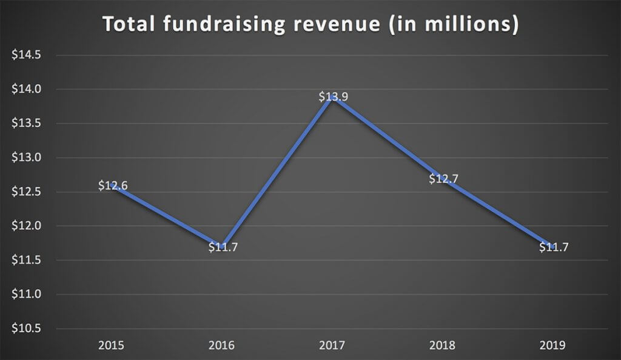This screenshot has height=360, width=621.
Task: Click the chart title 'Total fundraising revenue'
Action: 310,24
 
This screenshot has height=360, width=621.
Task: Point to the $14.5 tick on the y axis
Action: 26,55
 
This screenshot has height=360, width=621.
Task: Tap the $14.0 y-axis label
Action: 26,90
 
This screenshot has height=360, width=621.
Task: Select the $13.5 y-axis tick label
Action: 26,124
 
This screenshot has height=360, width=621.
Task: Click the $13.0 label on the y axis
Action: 26,158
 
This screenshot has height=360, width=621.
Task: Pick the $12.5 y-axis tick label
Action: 26,192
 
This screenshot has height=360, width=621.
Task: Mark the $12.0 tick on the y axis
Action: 26,226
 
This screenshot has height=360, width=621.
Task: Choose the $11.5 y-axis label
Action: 26,261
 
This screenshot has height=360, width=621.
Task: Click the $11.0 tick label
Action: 26,295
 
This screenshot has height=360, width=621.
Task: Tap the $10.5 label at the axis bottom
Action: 26,329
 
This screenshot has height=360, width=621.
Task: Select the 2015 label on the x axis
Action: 112,346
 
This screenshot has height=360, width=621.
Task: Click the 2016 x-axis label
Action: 223,346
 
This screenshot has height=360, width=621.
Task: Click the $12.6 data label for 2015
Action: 113,186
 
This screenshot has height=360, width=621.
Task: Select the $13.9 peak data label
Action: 334,97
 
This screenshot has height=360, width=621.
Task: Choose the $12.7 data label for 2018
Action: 444,179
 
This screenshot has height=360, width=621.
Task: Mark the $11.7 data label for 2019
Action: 554,247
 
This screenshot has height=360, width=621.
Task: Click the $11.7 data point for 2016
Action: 223,247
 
